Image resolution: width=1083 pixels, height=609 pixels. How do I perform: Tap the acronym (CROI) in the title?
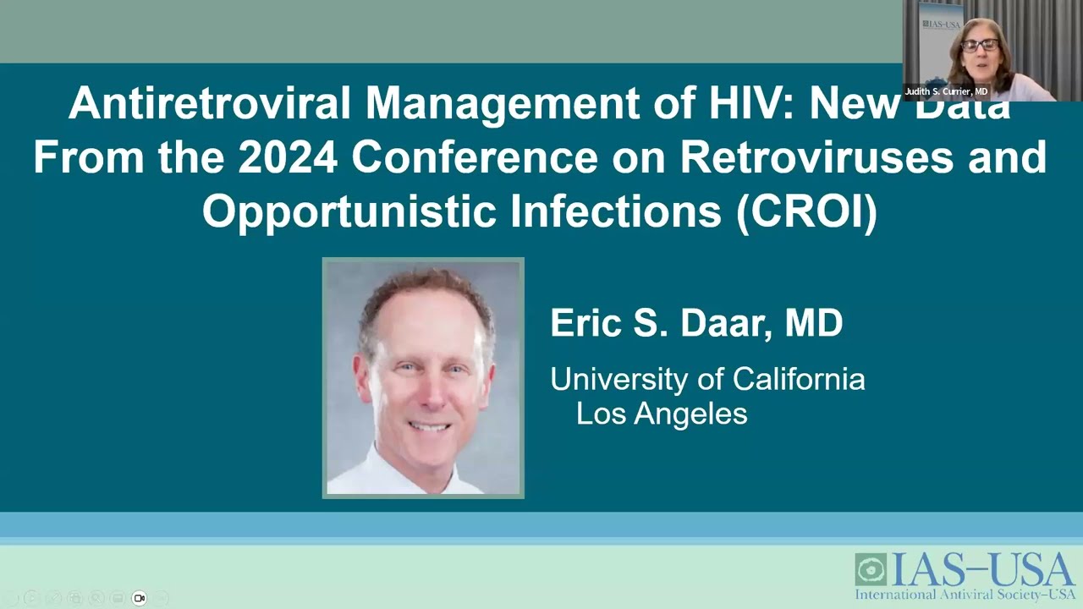point(807,211)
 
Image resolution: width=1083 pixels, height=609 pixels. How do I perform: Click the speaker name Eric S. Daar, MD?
point(696,323)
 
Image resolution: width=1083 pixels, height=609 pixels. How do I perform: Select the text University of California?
point(707,379)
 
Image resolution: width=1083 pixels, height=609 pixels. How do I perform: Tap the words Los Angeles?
point(662,414)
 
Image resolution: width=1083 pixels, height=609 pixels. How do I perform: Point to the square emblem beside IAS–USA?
point(870,569)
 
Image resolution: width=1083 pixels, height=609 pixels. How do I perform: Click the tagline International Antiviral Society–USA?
point(965,595)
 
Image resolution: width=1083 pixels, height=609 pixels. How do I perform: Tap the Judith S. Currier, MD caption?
point(946,91)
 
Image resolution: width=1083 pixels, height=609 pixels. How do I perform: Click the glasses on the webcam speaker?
point(980,46)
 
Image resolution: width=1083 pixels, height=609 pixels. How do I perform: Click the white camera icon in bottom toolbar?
point(140,598)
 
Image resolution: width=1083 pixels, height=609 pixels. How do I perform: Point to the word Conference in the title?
point(460,157)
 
